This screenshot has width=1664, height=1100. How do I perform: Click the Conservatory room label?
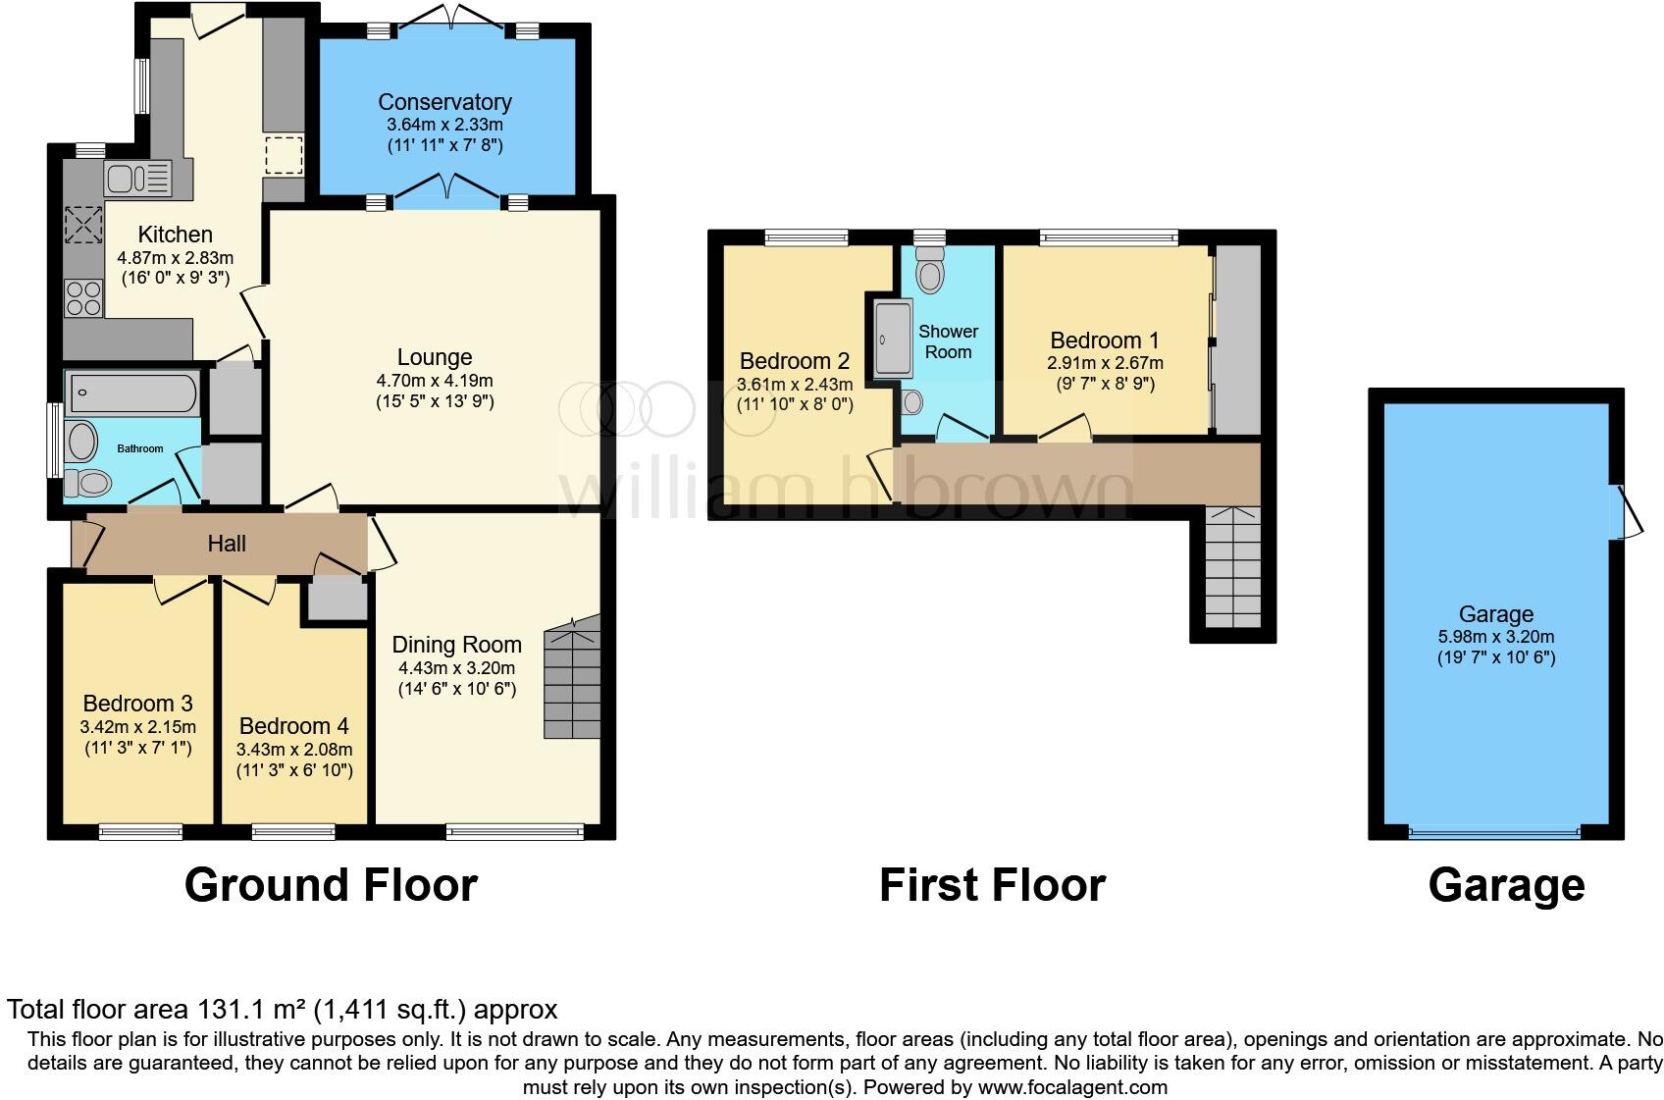pyautogui.click(x=444, y=102)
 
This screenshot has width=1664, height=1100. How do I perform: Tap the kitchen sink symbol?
pyautogui.click(x=137, y=180)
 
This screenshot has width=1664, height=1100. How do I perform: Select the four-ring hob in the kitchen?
pyautogui.click(x=82, y=297)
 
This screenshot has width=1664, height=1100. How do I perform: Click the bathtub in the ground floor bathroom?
pyautogui.click(x=131, y=393)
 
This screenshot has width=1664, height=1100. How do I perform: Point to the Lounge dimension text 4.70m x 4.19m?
pyautogui.click(x=434, y=381)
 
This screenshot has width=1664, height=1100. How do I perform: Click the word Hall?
pyautogui.click(x=226, y=544)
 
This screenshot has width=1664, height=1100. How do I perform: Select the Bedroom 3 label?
pyautogui.click(x=137, y=704)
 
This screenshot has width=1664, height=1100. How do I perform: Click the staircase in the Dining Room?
pyautogui.click(x=572, y=679)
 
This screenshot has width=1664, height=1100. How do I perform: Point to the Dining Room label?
pyautogui.click(x=456, y=645)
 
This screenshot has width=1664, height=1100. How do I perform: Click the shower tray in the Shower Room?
pyautogui.click(x=892, y=339)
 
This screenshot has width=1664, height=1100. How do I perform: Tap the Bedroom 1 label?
pyautogui.click(x=1104, y=340)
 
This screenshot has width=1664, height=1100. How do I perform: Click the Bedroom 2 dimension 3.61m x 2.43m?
pyautogui.click(x=795, y=384)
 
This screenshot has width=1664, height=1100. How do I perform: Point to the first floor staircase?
pyautogui.click(x=1232, y=568)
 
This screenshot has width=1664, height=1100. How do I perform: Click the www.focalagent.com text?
pyautogui.click(x=1072, y=1087)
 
